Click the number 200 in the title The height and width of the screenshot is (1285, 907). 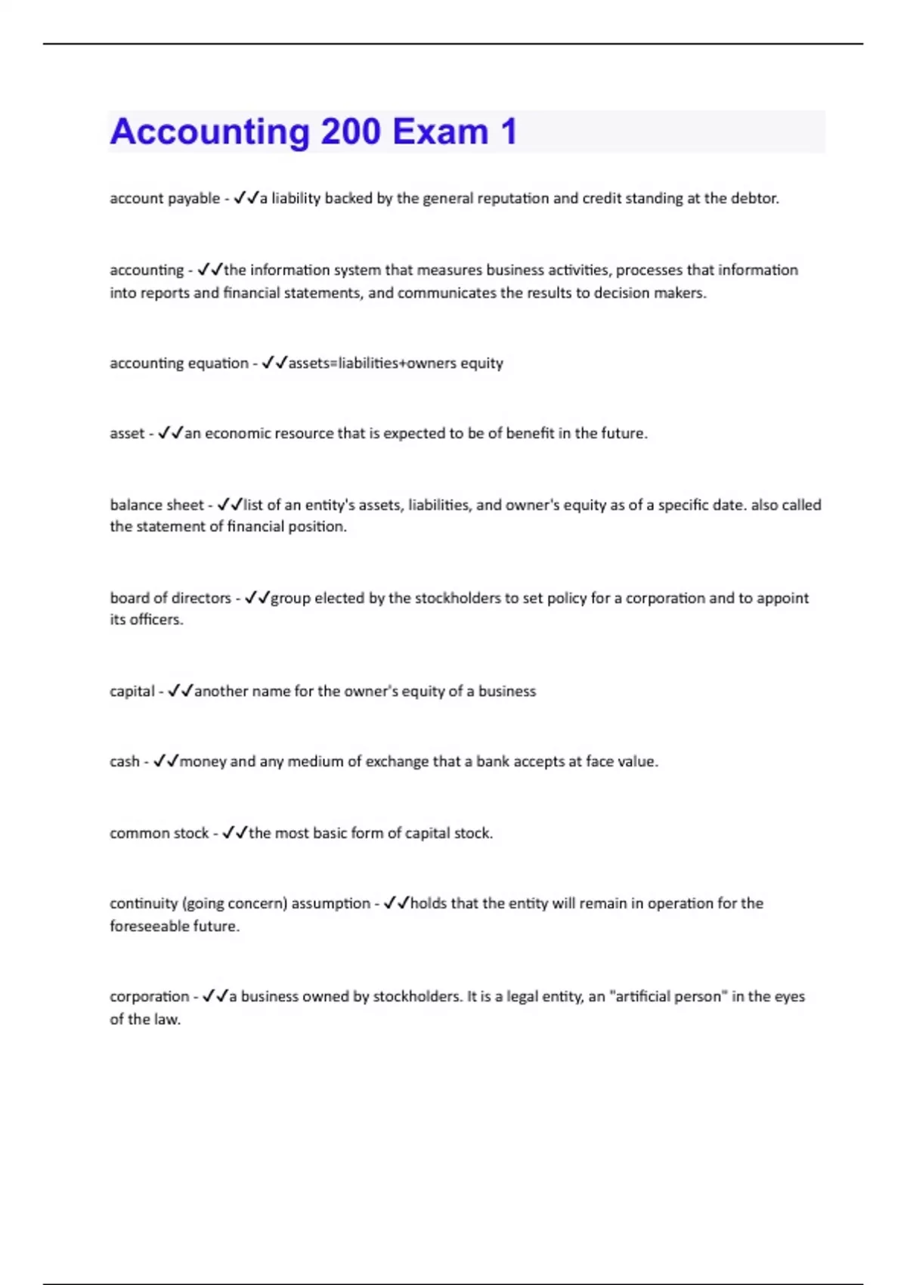pos(351,132)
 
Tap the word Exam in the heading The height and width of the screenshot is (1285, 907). pos(440,132)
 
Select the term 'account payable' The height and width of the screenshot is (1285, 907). pos(164,199)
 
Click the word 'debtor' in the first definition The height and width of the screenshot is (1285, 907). pos(754,198)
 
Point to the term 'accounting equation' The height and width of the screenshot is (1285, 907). pos(178,364)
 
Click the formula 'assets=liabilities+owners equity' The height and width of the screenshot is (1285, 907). pos(395,364)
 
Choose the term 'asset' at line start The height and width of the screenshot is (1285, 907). pos(126,434)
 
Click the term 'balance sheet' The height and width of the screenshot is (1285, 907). pos(156,505)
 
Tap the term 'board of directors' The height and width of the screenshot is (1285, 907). pos(170,598)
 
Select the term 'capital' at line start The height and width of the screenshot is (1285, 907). pos(132,691)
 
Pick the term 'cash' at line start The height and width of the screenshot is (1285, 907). pos(124,762)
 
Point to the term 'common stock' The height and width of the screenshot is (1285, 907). pos(159,833)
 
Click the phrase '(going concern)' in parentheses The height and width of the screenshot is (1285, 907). pos(235,903)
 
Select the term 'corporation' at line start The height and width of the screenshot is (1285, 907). pos(149,996)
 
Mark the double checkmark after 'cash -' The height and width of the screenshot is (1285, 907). pos(166,761)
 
